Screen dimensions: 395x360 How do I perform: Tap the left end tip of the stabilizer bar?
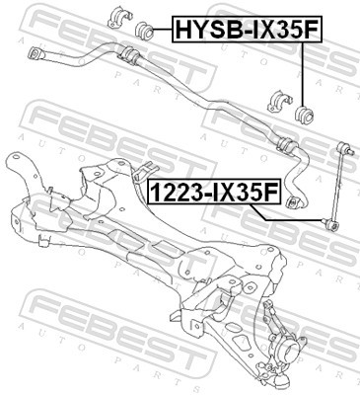click(x=36, y=51)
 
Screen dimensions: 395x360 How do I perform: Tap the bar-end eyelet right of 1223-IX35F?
click(x=292, y=202)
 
